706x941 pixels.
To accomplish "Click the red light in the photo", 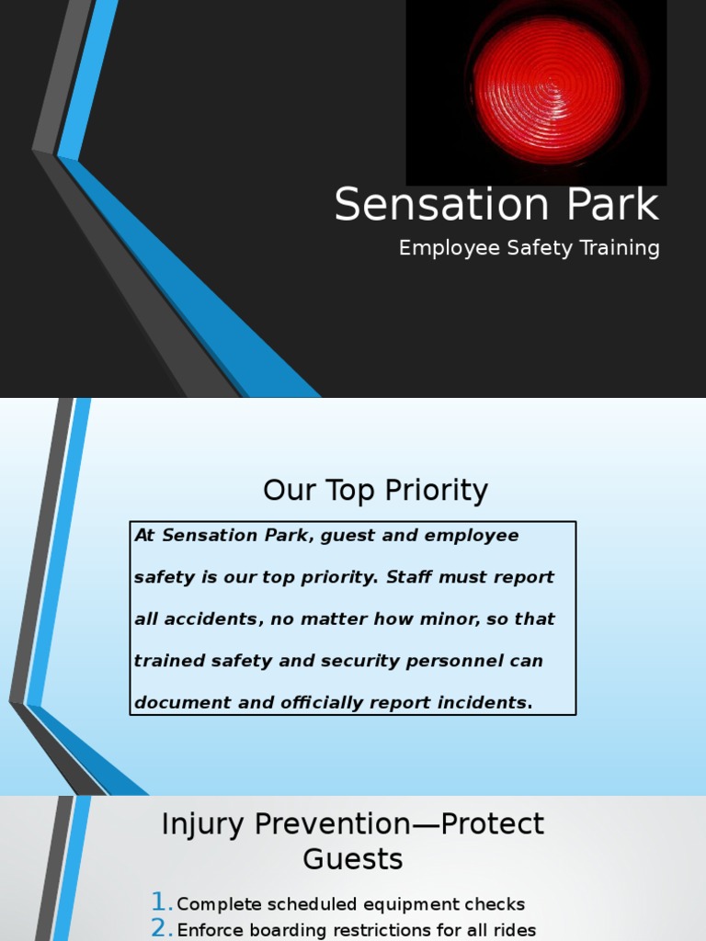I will click(x=548, y=89).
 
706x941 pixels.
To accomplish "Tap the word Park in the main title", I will click(x=606, y=204).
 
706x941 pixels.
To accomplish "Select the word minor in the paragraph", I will click(x=448, y=619).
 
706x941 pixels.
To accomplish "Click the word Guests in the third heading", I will click(x=353, y=859).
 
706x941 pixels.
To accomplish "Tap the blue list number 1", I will click(x=161, y=902).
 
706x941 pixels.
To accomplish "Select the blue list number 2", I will click(x=161, y=928).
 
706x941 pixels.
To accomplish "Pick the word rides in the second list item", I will click(x=515, y=930).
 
